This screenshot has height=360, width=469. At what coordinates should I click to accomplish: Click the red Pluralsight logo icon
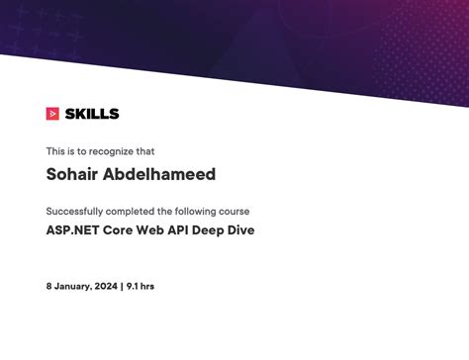tap(52, 114)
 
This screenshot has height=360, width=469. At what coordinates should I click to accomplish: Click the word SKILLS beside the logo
tap(91, 114)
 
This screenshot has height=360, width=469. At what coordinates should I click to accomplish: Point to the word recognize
tap(110, 151)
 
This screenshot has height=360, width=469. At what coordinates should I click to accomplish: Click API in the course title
tap(187, 230)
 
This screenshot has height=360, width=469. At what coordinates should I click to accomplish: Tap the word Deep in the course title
tap(223, 230)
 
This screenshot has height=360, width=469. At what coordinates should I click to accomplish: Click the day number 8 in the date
tap(48, 286)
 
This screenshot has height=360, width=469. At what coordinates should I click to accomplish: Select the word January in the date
tap(72, 286)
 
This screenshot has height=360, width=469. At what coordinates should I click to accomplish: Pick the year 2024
tap(105, 286)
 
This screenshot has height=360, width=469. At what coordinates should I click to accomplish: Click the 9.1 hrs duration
tap(140, 286)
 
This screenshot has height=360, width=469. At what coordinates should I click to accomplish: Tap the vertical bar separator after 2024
tap(121, 286)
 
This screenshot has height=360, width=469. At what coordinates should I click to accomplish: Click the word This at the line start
tap(54, 151)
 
